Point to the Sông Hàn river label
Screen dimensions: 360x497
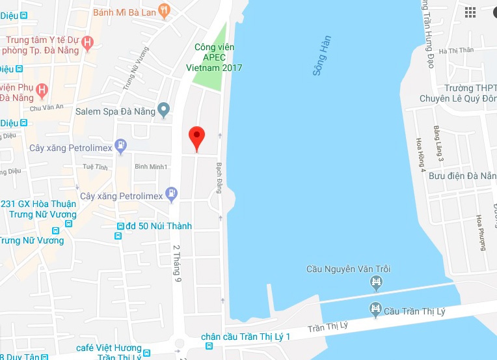coord(321,55)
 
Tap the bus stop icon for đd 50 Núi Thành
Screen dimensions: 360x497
coord(120,227)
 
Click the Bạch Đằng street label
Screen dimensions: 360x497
coord(219,178)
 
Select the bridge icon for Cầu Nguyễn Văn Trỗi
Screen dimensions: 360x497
coord(375,282)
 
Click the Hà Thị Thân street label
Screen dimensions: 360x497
coord(457,51)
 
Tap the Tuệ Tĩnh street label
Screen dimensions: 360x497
coord(95,167)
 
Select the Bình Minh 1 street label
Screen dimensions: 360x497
coord(151,167)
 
